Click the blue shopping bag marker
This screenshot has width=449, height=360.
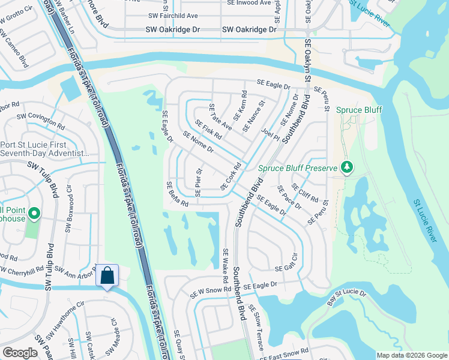(107, 276)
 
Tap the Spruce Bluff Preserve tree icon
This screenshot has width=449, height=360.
(346, 167)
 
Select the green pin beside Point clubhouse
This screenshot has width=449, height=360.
(34, 213)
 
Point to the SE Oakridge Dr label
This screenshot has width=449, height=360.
(249, 29)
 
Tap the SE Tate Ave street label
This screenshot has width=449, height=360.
(220, 117)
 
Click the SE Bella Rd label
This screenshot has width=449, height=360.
(177, 194)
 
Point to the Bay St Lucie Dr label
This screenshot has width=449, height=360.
(346, 296)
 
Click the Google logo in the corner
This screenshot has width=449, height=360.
(20, 353)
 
